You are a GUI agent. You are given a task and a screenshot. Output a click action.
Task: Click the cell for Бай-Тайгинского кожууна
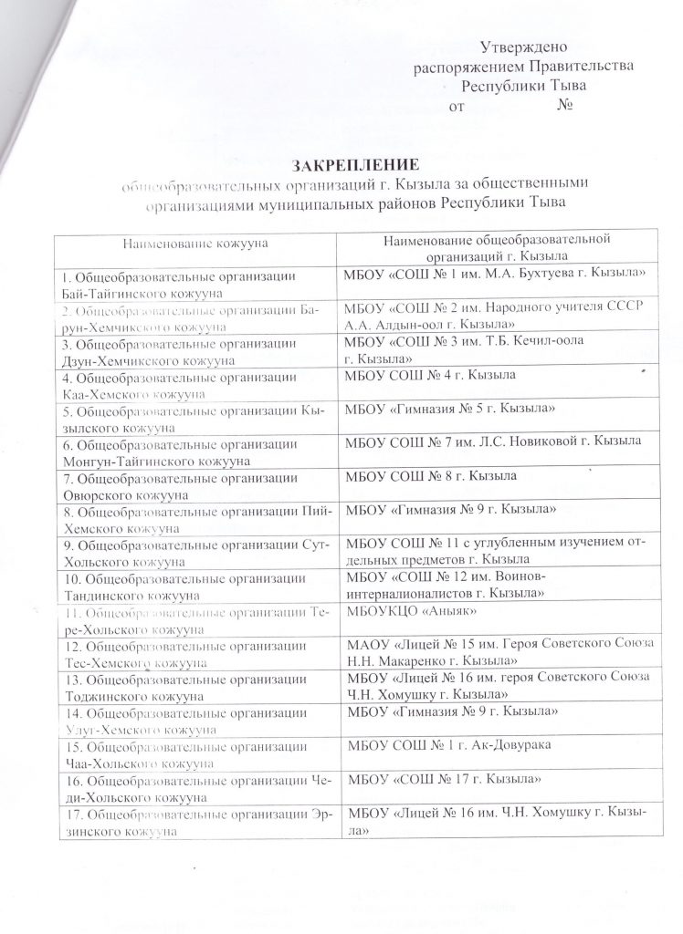pos(194,282)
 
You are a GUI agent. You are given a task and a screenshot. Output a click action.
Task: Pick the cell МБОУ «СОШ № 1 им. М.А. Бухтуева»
pos(493,275)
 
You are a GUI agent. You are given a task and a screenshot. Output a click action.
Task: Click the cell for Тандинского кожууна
pos(194,586)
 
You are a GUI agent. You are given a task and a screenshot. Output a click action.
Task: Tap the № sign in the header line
pos(563,106)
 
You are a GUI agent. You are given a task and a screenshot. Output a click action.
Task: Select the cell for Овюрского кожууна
pos(194,485)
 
